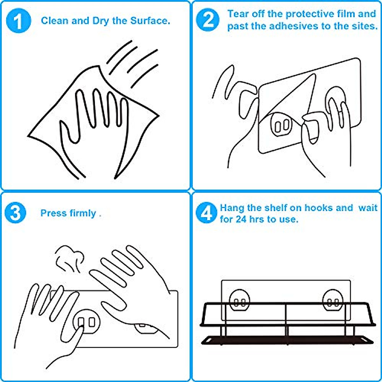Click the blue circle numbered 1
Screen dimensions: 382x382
coord(19,20)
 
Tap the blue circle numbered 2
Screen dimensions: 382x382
coord(208,20)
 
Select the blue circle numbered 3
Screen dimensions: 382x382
coord(15,213)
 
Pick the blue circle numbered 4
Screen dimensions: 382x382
coord(206,213)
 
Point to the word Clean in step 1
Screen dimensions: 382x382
coord(55,21)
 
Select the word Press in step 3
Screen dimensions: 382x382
coord(53,213)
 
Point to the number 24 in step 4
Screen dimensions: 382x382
coord(241,219)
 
